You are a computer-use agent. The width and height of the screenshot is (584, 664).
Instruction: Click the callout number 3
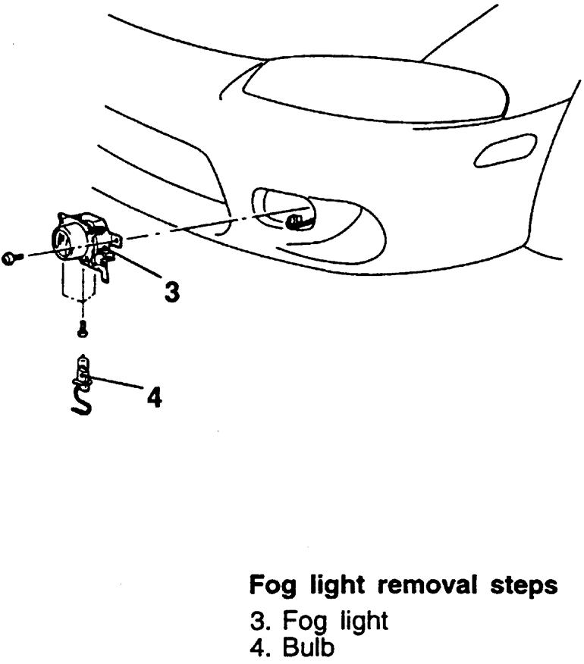pos(173,290)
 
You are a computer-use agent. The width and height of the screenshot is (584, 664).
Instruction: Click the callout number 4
pos(154,396)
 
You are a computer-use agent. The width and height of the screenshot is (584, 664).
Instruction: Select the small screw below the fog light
pos(82,328)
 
